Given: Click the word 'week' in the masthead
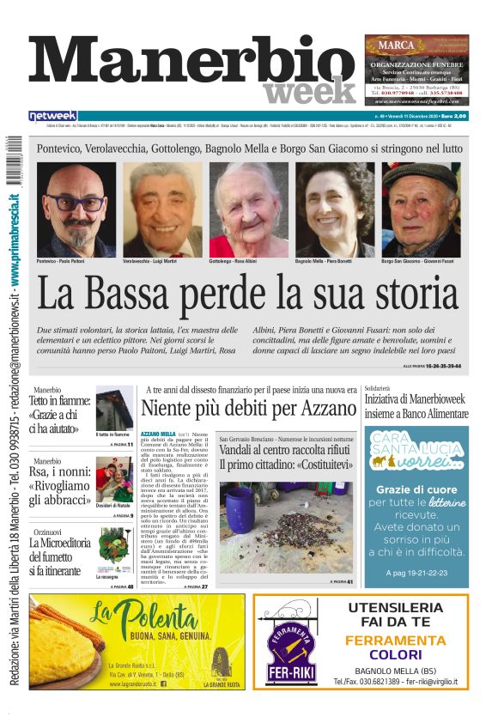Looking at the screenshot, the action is point(309,89).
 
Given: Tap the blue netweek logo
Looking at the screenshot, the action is point(52,116).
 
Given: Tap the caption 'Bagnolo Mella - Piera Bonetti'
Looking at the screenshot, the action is point(324,260).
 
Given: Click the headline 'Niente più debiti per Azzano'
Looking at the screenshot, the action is point(248,408).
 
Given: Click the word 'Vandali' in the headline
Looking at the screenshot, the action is point(240,450).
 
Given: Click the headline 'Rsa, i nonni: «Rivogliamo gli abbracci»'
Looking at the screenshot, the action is point(59,483).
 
